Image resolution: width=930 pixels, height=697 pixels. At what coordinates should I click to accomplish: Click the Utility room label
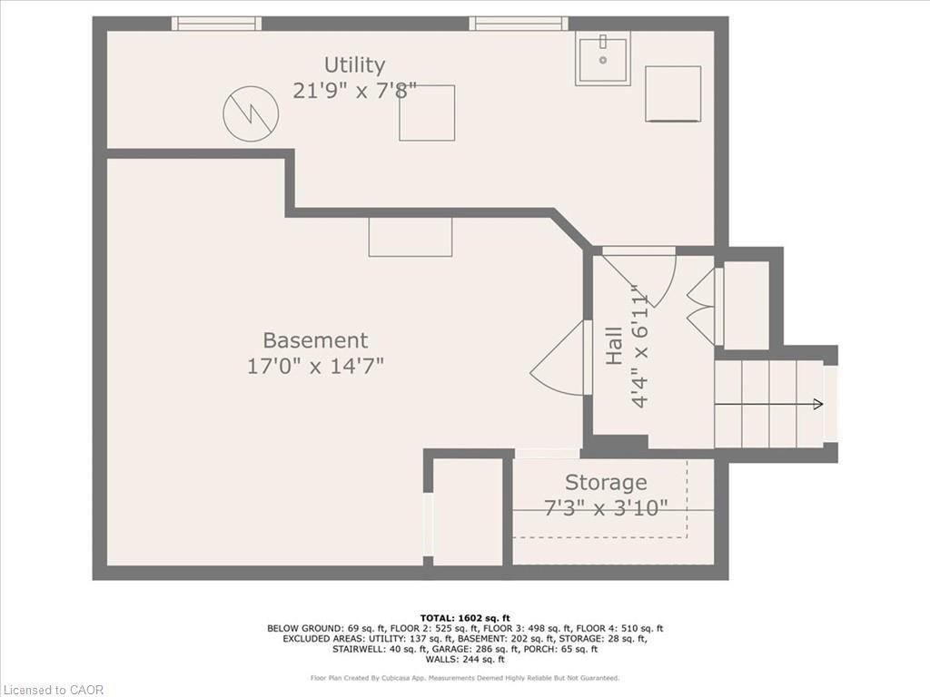point(354,65)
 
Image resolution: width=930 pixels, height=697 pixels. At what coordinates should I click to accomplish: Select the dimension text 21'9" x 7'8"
point(354,91)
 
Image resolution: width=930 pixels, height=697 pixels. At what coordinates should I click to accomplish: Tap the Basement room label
point(315,340)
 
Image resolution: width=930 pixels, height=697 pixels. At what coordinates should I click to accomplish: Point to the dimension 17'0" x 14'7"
point(315,366)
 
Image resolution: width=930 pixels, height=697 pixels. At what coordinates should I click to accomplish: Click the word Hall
point(615,346)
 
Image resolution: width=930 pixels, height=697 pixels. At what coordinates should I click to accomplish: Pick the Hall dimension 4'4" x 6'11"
point(641,349)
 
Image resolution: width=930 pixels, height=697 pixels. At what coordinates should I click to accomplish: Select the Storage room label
point(606,482)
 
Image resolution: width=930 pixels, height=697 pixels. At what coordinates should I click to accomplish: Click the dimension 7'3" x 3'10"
point(606,507)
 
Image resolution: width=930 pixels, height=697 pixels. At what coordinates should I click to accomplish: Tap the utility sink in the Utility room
point(603,59)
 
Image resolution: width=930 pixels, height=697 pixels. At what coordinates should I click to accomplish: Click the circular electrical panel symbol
point(251,113)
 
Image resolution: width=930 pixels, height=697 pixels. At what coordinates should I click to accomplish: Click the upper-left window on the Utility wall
point(216,24)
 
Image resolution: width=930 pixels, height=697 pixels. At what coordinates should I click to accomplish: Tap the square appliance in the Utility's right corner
point(673,93)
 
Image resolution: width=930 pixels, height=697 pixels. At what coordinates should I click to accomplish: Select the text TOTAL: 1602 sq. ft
point(464,617)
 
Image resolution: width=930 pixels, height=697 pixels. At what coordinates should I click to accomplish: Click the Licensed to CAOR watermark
point(53,690)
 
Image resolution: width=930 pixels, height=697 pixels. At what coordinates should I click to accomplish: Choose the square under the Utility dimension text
point(427,113)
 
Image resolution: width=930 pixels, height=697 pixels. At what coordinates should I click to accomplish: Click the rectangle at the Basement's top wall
point(411,237)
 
